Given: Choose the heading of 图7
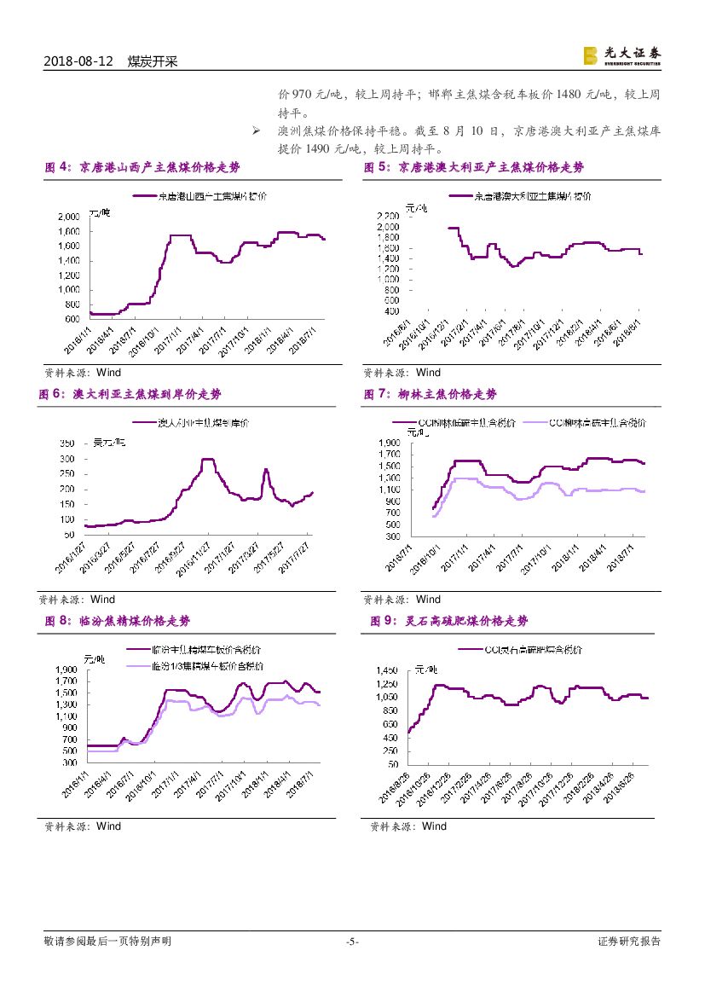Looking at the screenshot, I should [431, 394].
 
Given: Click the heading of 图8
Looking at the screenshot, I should [118, 621].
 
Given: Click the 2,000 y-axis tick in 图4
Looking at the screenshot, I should [69, 217].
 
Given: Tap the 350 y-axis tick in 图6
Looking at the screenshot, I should [66, 443].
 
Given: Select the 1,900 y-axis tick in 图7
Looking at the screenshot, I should [389, 443].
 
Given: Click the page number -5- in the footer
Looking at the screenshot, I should [352, 942].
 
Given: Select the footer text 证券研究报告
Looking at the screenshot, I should [629, 942].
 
